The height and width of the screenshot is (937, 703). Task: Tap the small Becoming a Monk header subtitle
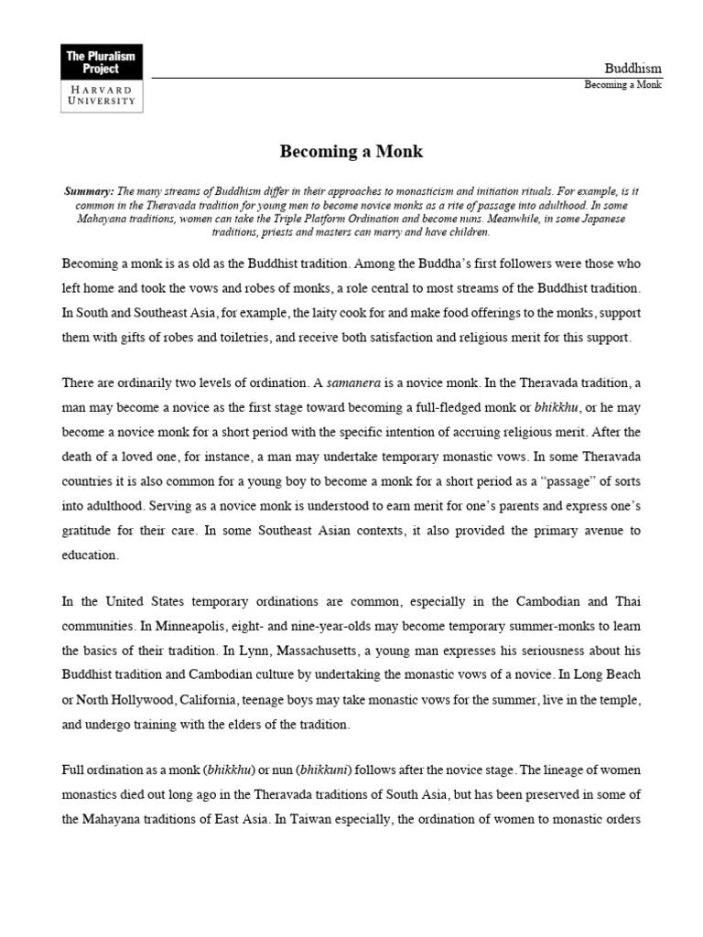pos(622,85)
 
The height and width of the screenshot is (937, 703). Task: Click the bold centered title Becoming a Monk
pos(351,152)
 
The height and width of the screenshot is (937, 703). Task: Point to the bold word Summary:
pos(89,191)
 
